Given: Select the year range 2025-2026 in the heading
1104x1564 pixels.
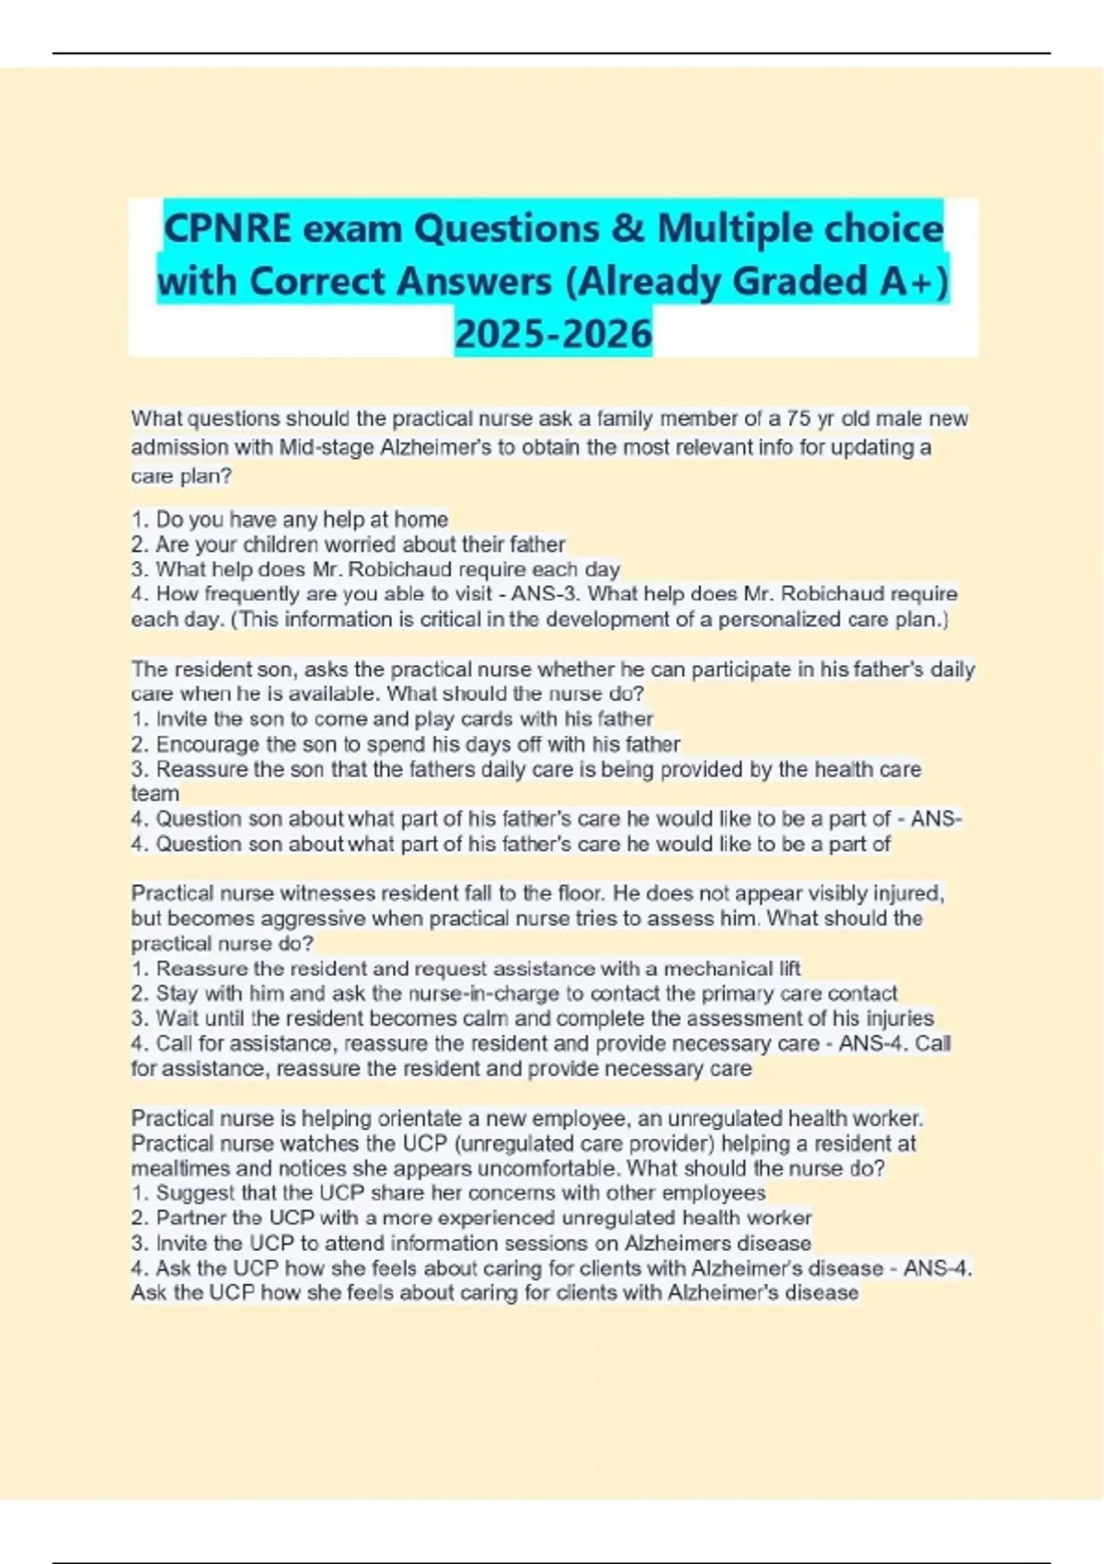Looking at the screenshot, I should click(553, 333).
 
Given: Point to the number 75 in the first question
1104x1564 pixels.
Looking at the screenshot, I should click(799, 419).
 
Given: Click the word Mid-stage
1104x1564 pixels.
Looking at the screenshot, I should click(327, 447).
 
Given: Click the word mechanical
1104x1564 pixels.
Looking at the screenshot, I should click(718, 969).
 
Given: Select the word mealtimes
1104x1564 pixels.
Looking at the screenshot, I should click(175, 1168).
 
